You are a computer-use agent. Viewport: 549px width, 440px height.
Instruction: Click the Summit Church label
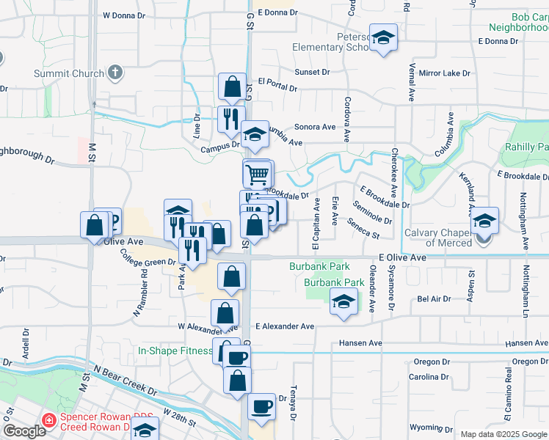[68, 74]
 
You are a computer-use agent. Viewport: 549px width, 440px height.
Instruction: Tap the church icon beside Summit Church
[114, 73]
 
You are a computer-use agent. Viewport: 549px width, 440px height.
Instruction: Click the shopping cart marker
[257, 174]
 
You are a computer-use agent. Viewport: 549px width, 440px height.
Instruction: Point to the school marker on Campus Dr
[255, 134]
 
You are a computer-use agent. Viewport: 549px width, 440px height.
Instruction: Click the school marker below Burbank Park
[343, 302]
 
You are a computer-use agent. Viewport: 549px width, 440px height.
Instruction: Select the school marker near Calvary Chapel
[484, 220]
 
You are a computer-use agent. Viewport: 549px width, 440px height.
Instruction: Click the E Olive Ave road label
[402, 258]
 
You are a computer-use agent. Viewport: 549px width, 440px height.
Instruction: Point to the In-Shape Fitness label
[175, 351]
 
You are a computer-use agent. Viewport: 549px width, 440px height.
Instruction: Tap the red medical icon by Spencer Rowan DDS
[50, 420]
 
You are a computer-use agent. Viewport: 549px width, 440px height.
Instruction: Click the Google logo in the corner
[25, 431]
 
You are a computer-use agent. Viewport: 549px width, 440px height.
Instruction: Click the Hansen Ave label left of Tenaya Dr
[360, 343]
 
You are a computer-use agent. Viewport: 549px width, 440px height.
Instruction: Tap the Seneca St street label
[364, 230]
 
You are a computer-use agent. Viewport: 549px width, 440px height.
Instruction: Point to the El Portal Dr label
[277, 86]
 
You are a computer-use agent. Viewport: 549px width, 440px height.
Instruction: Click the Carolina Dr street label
[429, 377]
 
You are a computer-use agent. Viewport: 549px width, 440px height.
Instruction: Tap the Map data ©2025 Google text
[504, 434]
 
